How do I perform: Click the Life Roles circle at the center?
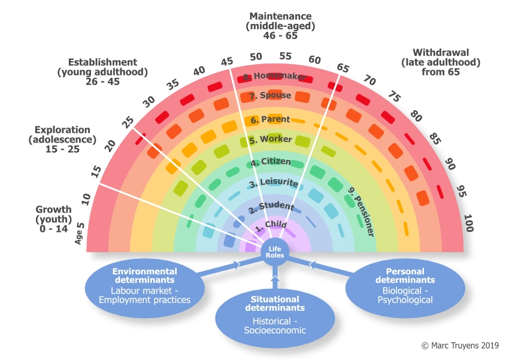tap(275, 252)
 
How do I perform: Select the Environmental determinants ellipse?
tap(144, 285)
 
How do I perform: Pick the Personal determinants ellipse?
tap(405, 285)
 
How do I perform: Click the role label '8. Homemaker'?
tap(275, 77)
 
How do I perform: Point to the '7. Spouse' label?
tap(271, 96)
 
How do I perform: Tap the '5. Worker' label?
tap(271, 140)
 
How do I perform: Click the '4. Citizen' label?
tap(271, 162)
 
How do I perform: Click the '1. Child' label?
tap(271, 226)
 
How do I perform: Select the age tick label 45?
tap(227, 62)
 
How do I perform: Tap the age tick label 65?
tap(343, 68)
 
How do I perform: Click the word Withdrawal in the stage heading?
tap(427, 53)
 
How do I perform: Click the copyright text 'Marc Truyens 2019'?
tap(464, 346)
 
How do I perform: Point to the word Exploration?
tap(62, 130)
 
